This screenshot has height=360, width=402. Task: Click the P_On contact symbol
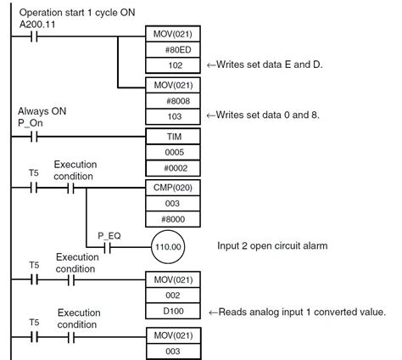pyautogui.click(x=35, y=136)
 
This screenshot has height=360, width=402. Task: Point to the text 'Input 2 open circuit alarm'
pyautogui.click(x=273, y=246)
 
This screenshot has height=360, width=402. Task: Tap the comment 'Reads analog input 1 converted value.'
pyautogui.click(x=303, y=311)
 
